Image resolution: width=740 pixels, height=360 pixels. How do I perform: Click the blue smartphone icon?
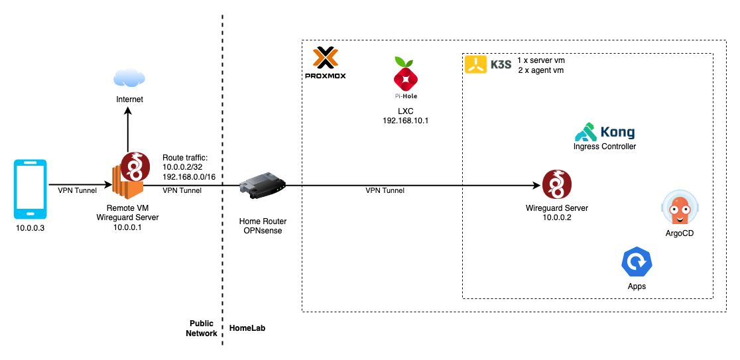[x=31, y=189]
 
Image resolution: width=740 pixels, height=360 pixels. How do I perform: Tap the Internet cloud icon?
[x=129, y=78]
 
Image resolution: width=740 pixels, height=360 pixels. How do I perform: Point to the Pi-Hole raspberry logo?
[x=405, y=77]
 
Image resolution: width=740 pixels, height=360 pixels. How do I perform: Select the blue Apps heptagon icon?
[x=637, y=262]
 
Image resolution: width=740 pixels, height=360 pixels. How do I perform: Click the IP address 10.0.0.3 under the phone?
[x=31, y=229]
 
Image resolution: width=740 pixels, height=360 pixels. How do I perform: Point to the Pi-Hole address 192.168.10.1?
[x=405, y=121]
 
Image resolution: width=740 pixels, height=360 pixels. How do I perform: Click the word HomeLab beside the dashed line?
[x=247, y=328]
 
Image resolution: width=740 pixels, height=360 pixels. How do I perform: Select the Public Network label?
[x=202, y=328]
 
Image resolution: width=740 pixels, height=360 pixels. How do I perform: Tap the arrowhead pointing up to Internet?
[x=129, y=113]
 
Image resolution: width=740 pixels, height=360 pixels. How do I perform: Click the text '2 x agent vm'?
[x=540, y=70]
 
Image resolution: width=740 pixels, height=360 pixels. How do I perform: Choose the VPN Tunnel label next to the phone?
[x=77, y=190]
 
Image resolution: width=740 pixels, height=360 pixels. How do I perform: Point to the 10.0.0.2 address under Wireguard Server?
[x=556, y=217]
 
